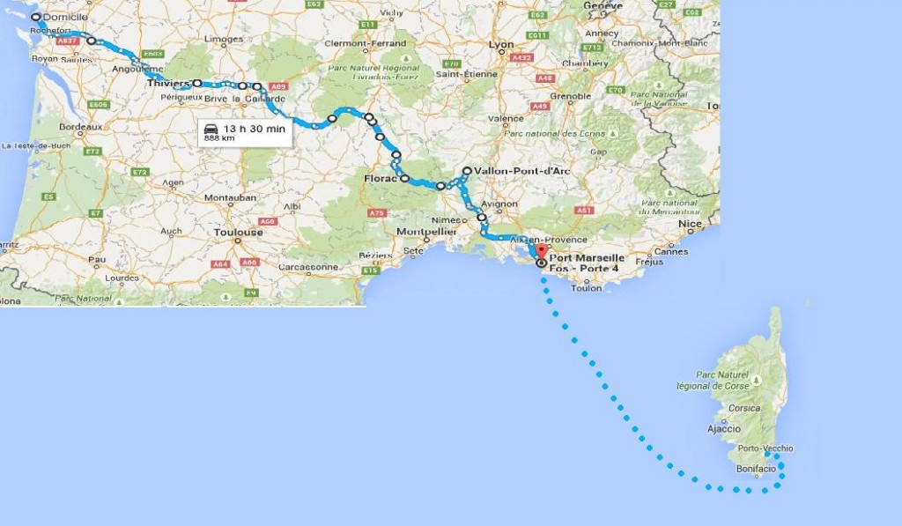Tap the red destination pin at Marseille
pos(541,251)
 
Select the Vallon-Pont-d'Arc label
pos(515,171)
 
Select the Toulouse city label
pos(238,233)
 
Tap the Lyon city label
pos(501,44)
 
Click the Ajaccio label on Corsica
pos(723,429)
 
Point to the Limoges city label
pos(223,39)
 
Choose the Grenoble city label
pos(570,96)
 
